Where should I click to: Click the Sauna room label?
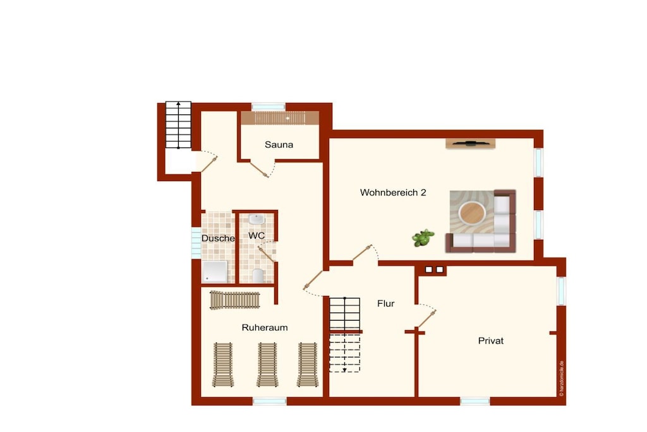point(279,145)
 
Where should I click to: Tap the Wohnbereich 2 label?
point(393,192)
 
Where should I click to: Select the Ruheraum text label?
point(265,328)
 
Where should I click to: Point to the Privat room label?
point(490,341)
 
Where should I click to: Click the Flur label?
point(386,304)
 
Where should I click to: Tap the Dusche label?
point(218,238)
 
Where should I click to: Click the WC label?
point(257,235)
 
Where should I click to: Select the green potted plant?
point(423,238)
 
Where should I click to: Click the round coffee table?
point(472,213)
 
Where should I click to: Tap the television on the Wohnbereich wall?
point(470,144)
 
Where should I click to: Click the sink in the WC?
point(257,219)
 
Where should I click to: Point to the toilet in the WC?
point(258,276)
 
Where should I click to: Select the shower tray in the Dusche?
point(215,271)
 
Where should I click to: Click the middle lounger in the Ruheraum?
point(267,365)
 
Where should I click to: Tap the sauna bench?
point(280,118)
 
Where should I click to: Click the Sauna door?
point(259,170)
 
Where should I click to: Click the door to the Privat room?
point(426,319)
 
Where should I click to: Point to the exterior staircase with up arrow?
point(178,125)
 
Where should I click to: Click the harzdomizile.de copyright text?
point(561,379)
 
